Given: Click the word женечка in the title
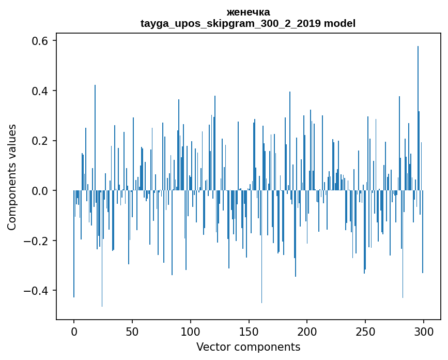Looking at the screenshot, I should tap(248, 12).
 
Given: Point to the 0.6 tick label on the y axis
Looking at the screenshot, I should tap(42, 41).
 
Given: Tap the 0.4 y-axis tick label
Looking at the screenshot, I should tap(42, 91).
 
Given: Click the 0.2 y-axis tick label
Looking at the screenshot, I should tap(42, 141).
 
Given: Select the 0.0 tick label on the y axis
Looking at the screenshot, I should tap(42, 191).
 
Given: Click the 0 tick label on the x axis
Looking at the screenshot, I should tap(74, 331).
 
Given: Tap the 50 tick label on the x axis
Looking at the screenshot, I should tap(132, 331).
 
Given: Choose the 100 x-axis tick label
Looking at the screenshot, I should tap(191, 331).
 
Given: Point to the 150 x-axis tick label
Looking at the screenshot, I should tap(249, 331).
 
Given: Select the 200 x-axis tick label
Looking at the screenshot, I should tap(307, 331).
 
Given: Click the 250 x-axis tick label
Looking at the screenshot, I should tap(365, 331).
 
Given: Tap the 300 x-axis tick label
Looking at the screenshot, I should tap(424, 331).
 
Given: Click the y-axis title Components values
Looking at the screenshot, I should tap(12, 177).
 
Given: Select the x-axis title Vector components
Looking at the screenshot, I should tap(248, 347).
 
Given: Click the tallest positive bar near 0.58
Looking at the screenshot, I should tap(418, 119).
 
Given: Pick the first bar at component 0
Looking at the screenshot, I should tap(74, 243).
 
